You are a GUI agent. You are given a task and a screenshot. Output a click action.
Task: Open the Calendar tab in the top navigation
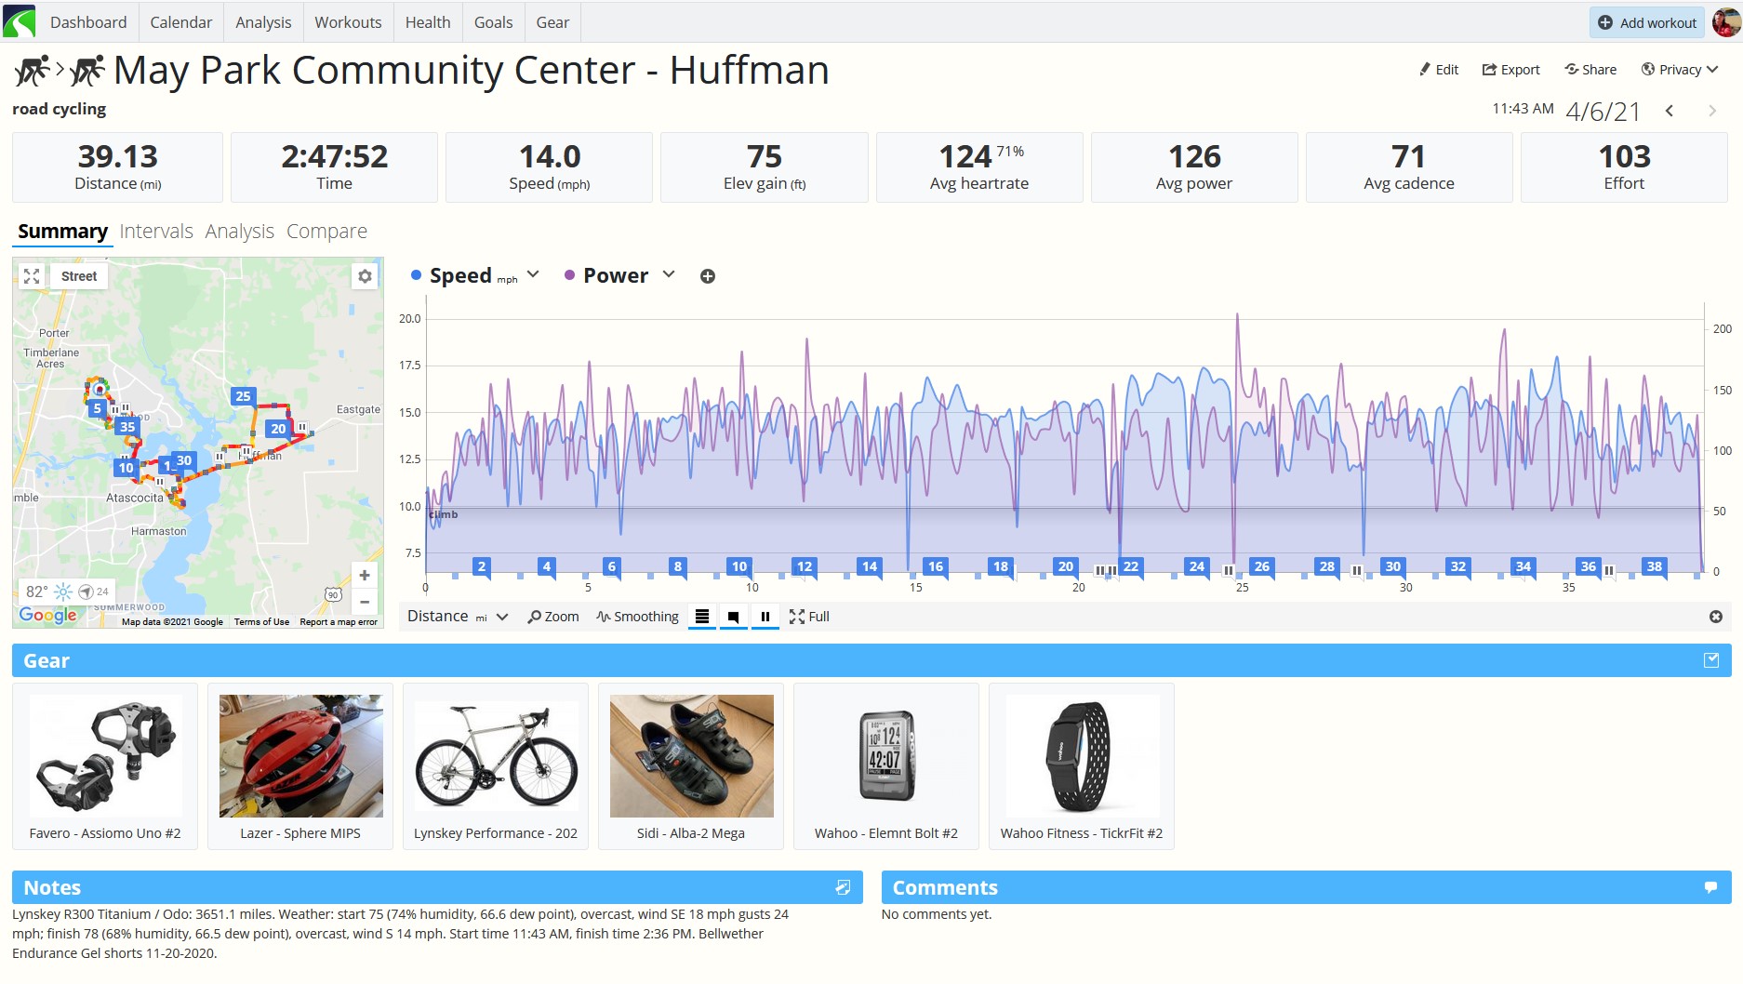tap(180, 22)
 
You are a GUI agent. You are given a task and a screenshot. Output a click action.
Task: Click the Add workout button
tap(1646, 22)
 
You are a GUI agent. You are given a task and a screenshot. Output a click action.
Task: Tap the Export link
tap(1510, 70)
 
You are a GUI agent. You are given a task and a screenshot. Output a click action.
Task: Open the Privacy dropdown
tap(1679, 70)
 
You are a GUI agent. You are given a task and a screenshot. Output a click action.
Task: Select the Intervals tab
tap(156, 231)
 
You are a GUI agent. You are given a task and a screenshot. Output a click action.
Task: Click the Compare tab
tap(326, 231)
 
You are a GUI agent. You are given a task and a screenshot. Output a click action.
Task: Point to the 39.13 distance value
tap(118, 156)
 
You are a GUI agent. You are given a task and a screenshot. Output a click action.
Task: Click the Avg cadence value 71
tap(1408, 156)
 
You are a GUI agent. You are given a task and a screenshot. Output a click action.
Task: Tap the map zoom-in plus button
tap(365, 576)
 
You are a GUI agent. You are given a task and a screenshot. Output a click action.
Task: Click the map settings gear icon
tap(365, 276)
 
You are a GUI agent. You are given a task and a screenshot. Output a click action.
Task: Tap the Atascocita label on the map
tap(134, 498)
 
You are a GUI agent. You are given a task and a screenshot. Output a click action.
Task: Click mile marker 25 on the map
tap(243, 396)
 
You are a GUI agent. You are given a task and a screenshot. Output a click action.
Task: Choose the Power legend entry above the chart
tap(616, 275)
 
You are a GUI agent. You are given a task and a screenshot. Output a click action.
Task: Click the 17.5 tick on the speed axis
tap(409, 366)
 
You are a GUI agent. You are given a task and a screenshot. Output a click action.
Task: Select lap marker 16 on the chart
tap(935, 566)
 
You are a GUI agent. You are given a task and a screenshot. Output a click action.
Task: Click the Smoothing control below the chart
tap(638, 617)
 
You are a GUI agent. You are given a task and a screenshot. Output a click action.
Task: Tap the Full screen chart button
tap(809, 617)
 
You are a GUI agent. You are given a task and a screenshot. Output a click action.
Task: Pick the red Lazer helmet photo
tap(300, 756)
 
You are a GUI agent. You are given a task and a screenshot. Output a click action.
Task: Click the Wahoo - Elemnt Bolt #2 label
tap(885, 833)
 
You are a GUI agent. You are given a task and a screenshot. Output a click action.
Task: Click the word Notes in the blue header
tap(52, 887)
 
